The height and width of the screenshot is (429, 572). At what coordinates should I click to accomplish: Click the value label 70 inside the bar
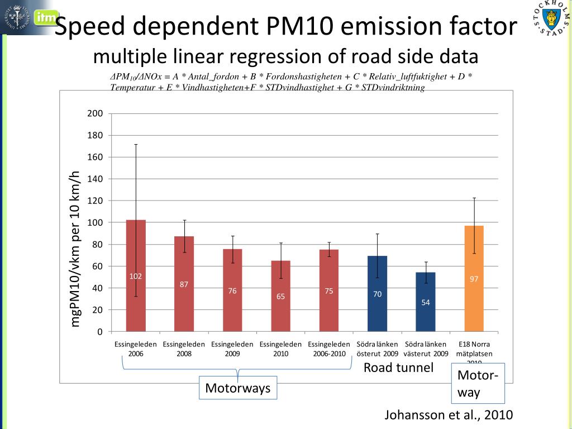[x=378, y=294]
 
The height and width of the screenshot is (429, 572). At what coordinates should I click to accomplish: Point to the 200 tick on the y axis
[x=95, y=114]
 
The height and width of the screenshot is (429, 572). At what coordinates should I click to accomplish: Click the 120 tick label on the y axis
[x=95, y=201]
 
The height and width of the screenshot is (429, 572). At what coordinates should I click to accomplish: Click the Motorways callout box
[x=238, y=388]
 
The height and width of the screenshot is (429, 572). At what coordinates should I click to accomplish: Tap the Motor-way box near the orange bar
[x=478, y=383]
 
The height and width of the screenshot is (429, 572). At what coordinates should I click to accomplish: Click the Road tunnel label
[x=398, y=368]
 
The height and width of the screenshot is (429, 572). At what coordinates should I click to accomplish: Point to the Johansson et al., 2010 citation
[x=449, y=415]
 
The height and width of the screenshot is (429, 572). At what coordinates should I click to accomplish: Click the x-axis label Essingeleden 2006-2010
[x=329, y=349]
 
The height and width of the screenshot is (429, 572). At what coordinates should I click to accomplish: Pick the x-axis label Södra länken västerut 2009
[x=426, y=349]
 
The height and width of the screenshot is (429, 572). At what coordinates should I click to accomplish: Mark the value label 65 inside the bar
[x=280, y=296]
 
